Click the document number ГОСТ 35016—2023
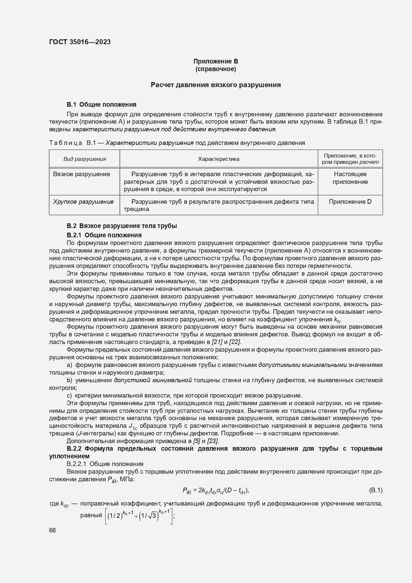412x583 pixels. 80,42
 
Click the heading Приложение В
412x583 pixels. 216,61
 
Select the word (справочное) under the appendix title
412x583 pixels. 216,69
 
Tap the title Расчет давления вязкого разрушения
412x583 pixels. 216,85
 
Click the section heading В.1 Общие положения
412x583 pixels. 101,104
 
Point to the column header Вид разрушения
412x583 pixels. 85,159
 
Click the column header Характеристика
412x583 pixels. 218,159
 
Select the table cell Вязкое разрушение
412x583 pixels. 81,174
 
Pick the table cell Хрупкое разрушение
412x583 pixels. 83,202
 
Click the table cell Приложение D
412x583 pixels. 350,202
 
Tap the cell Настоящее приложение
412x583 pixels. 350,178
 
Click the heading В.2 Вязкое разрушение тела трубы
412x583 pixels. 122,226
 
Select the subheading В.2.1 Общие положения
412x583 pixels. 104,235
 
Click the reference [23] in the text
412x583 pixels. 213,441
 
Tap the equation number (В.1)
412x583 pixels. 375,490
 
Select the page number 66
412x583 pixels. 52,530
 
